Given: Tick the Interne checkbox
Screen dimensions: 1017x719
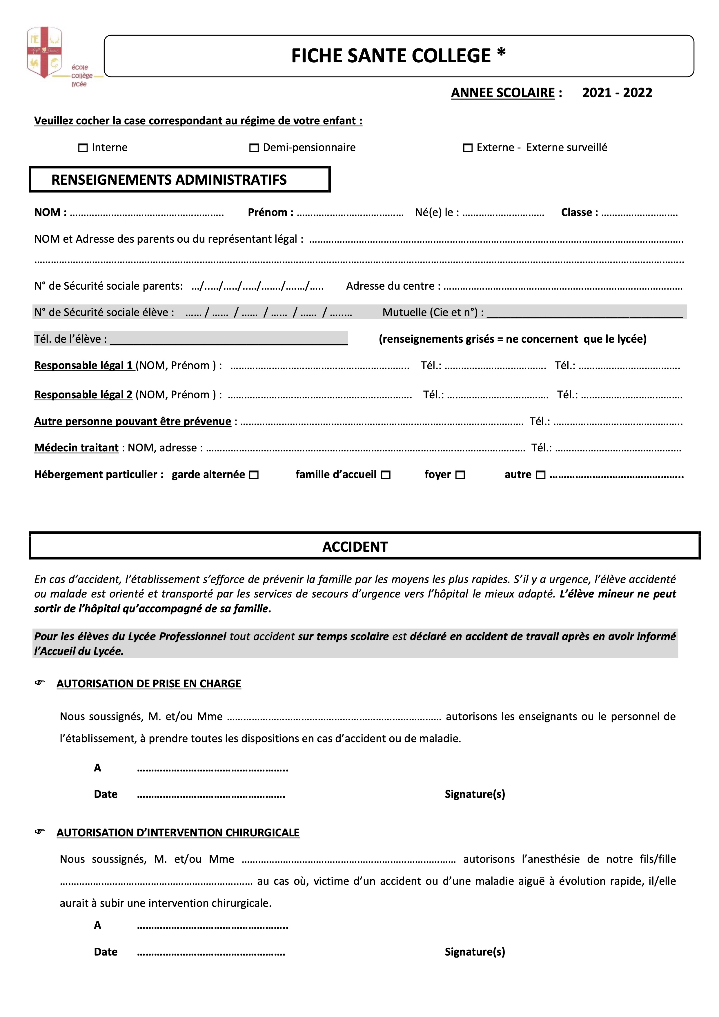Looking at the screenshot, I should click(x=83, y=148).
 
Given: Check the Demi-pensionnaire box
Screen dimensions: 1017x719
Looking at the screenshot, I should click(x=254, y=148).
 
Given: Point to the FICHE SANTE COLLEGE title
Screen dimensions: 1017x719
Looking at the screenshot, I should click(x=398, y=56).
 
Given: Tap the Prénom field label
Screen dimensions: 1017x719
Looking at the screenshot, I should click(x=270, y=213).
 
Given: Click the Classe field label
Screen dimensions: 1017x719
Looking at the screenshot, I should click(x=579, y=213).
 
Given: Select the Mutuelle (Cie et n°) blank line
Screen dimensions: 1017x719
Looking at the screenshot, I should click(x=585, y=314).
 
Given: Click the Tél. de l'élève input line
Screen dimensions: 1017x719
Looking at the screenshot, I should click(x=228, y=340).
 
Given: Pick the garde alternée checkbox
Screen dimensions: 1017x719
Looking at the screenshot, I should click(x=254, y=475).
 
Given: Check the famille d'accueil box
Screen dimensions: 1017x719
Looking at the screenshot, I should click(x=386, y=475).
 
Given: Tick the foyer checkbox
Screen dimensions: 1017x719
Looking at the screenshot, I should click(x=460, y=475).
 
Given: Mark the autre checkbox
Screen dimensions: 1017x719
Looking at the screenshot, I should click(x=540, y=475).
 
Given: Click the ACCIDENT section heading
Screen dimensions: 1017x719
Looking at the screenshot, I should click(x=355, y=547).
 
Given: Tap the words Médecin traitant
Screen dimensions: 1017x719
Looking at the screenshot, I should click(x=76, y=448).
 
